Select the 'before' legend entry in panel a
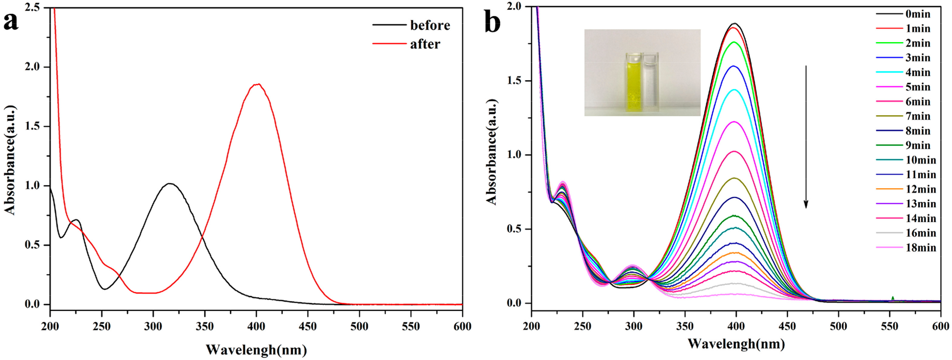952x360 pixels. [x=430, y=25]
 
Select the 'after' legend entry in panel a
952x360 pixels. [x=425, y=44]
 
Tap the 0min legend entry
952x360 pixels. [x=918, y=14]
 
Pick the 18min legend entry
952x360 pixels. [x=920, y=248]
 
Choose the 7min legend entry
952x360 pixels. [x=918, y=116]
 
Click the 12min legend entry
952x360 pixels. [x=920, y=189]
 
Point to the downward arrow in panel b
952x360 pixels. [x=806, y=137]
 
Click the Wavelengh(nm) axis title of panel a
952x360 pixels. [x=256, y=349]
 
